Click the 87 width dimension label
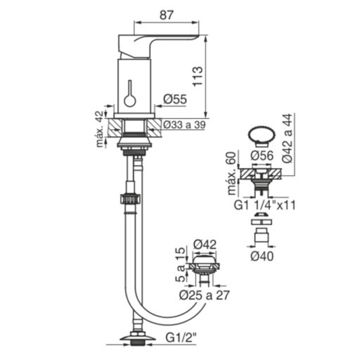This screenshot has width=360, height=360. point(166,15)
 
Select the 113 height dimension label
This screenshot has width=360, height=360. point(198,77)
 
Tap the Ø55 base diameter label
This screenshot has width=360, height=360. point(175,99)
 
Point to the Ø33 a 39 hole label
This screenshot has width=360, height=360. point(184,124)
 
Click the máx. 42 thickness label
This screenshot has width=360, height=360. point(101,129)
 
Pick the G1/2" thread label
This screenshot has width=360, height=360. point(181,338)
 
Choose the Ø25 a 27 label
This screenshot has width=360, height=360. point(205,295)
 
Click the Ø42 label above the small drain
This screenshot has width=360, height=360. point(205,245)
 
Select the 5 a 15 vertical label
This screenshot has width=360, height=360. point(181,264)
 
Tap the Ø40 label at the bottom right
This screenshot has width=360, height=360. point(262,257)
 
